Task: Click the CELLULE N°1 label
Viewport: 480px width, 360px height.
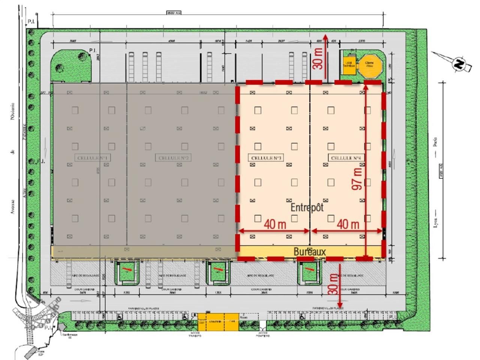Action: click(93, 158)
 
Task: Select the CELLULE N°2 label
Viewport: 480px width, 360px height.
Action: click(173, 158)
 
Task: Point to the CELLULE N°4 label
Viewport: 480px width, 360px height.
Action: click(346, 158)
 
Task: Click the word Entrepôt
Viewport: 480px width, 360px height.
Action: click(307, 207)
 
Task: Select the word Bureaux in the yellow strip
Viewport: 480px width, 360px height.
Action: click(310, 252)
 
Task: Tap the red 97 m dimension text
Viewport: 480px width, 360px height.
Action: click(357, 178)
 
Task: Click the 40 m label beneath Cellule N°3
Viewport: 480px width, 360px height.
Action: click(275, 224)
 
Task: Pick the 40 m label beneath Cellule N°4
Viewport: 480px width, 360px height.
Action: click(348, 224)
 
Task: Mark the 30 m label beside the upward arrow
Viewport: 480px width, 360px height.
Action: click(318, 59)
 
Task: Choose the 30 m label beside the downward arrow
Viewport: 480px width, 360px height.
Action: click(333, 284)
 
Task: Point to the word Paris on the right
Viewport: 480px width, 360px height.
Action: click(435, 142)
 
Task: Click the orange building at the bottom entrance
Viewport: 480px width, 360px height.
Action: click(218, 322)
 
